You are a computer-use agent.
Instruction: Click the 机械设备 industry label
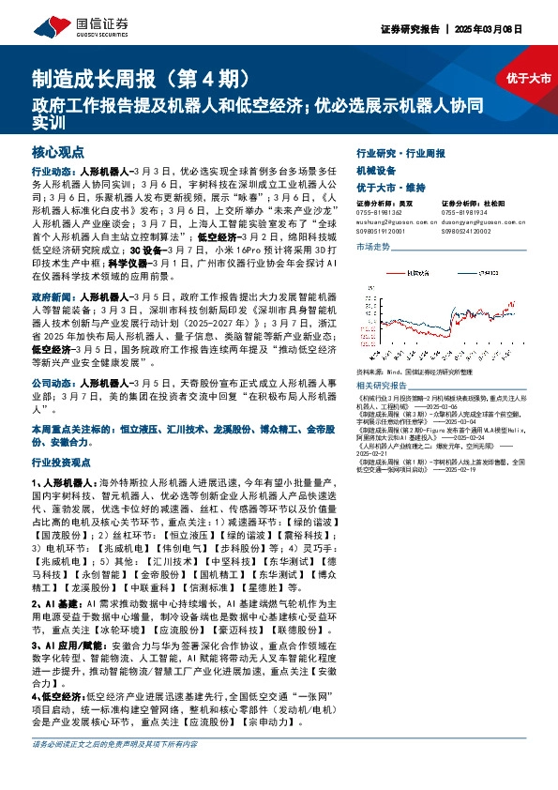[x=376, y=171]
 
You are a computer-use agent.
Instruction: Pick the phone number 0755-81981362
[x=379, y=210]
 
